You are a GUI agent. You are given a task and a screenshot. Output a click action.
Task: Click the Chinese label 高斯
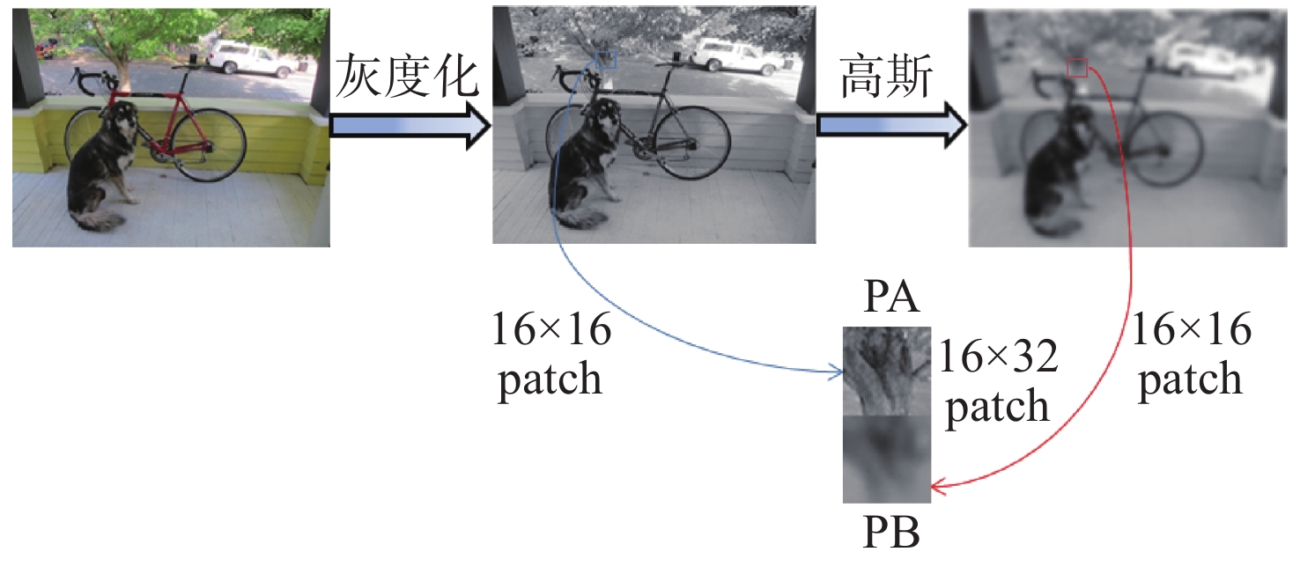pyautogui.click(x=886, y=76)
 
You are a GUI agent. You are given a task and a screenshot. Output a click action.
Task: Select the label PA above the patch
pyautogui.click(x=890, y=298)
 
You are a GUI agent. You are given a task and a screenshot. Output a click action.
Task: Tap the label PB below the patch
pyautogui.click(x=890, y=533)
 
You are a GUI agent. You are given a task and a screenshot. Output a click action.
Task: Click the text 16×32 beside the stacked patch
pyautogui.click(x=999, y=357)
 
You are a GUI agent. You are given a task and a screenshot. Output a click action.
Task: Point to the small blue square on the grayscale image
pyautogui.click(x=607, y=60)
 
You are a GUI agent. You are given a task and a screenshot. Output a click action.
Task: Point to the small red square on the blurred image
pyautogui.click(x=1077, y=68)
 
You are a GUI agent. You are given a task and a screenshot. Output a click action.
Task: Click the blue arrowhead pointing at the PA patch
pyautogui.click(x=837, y=372)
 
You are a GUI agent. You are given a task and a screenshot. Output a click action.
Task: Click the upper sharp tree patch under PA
pyautogui.click(x=887, y=371)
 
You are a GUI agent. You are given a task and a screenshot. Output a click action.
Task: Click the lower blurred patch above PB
pyautogui.click(x=887, y=459)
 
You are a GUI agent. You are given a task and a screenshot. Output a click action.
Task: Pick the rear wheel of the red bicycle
pyautogui.click(x=209, y=145)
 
